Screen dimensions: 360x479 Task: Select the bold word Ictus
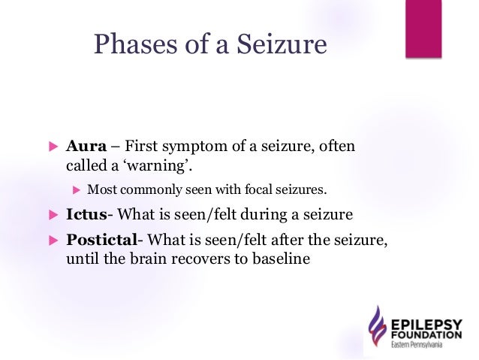pos(86,214)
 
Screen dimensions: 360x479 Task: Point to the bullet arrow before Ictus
pos(53,215)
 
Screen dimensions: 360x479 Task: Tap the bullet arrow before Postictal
pos(53,241)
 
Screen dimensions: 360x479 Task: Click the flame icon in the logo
pos(376,328)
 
